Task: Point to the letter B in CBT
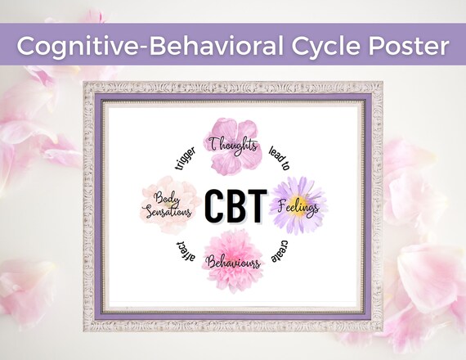point(235,206)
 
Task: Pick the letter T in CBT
point(255,206)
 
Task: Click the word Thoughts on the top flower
point(234,144)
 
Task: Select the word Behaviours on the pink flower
point(234,263)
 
